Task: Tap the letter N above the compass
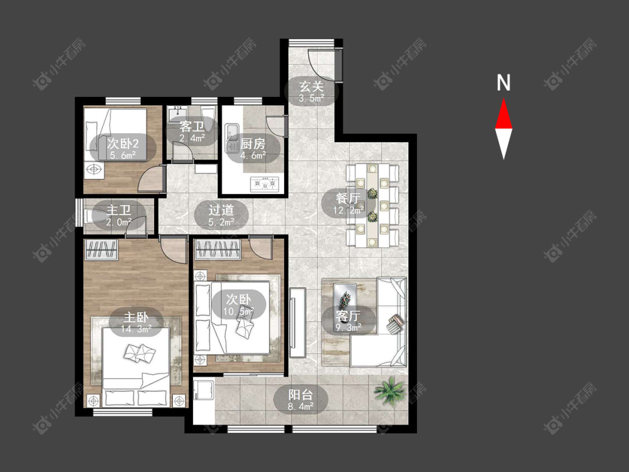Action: (x=503, y=83)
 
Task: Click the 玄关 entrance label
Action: (x=311, y=86)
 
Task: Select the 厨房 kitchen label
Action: (x=253, y=143)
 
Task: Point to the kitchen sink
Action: (x=231, y=138)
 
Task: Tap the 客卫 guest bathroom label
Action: (x=192, y=127)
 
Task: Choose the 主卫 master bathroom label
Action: (x=119, y=210)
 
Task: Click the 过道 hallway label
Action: (x=221, y=210)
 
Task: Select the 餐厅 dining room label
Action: (x=348, y=199)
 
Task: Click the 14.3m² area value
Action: (x=136, y=329)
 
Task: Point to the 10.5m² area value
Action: (x=239, y=310)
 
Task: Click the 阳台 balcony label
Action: (x=300, y=394)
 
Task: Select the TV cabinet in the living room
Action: (x=297, y=323)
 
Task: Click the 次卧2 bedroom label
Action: (x=122, y=143)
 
